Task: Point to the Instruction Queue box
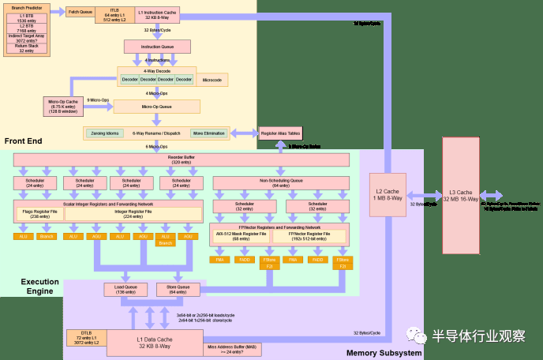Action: (x=156, y=47)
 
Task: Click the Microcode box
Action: (x=212, y=80)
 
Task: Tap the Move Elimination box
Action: (x=209, y=133)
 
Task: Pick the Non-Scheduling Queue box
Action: (x=281, y=182)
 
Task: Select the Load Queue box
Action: (x=125, y=289)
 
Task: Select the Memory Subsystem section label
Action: (x=384, y=353)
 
